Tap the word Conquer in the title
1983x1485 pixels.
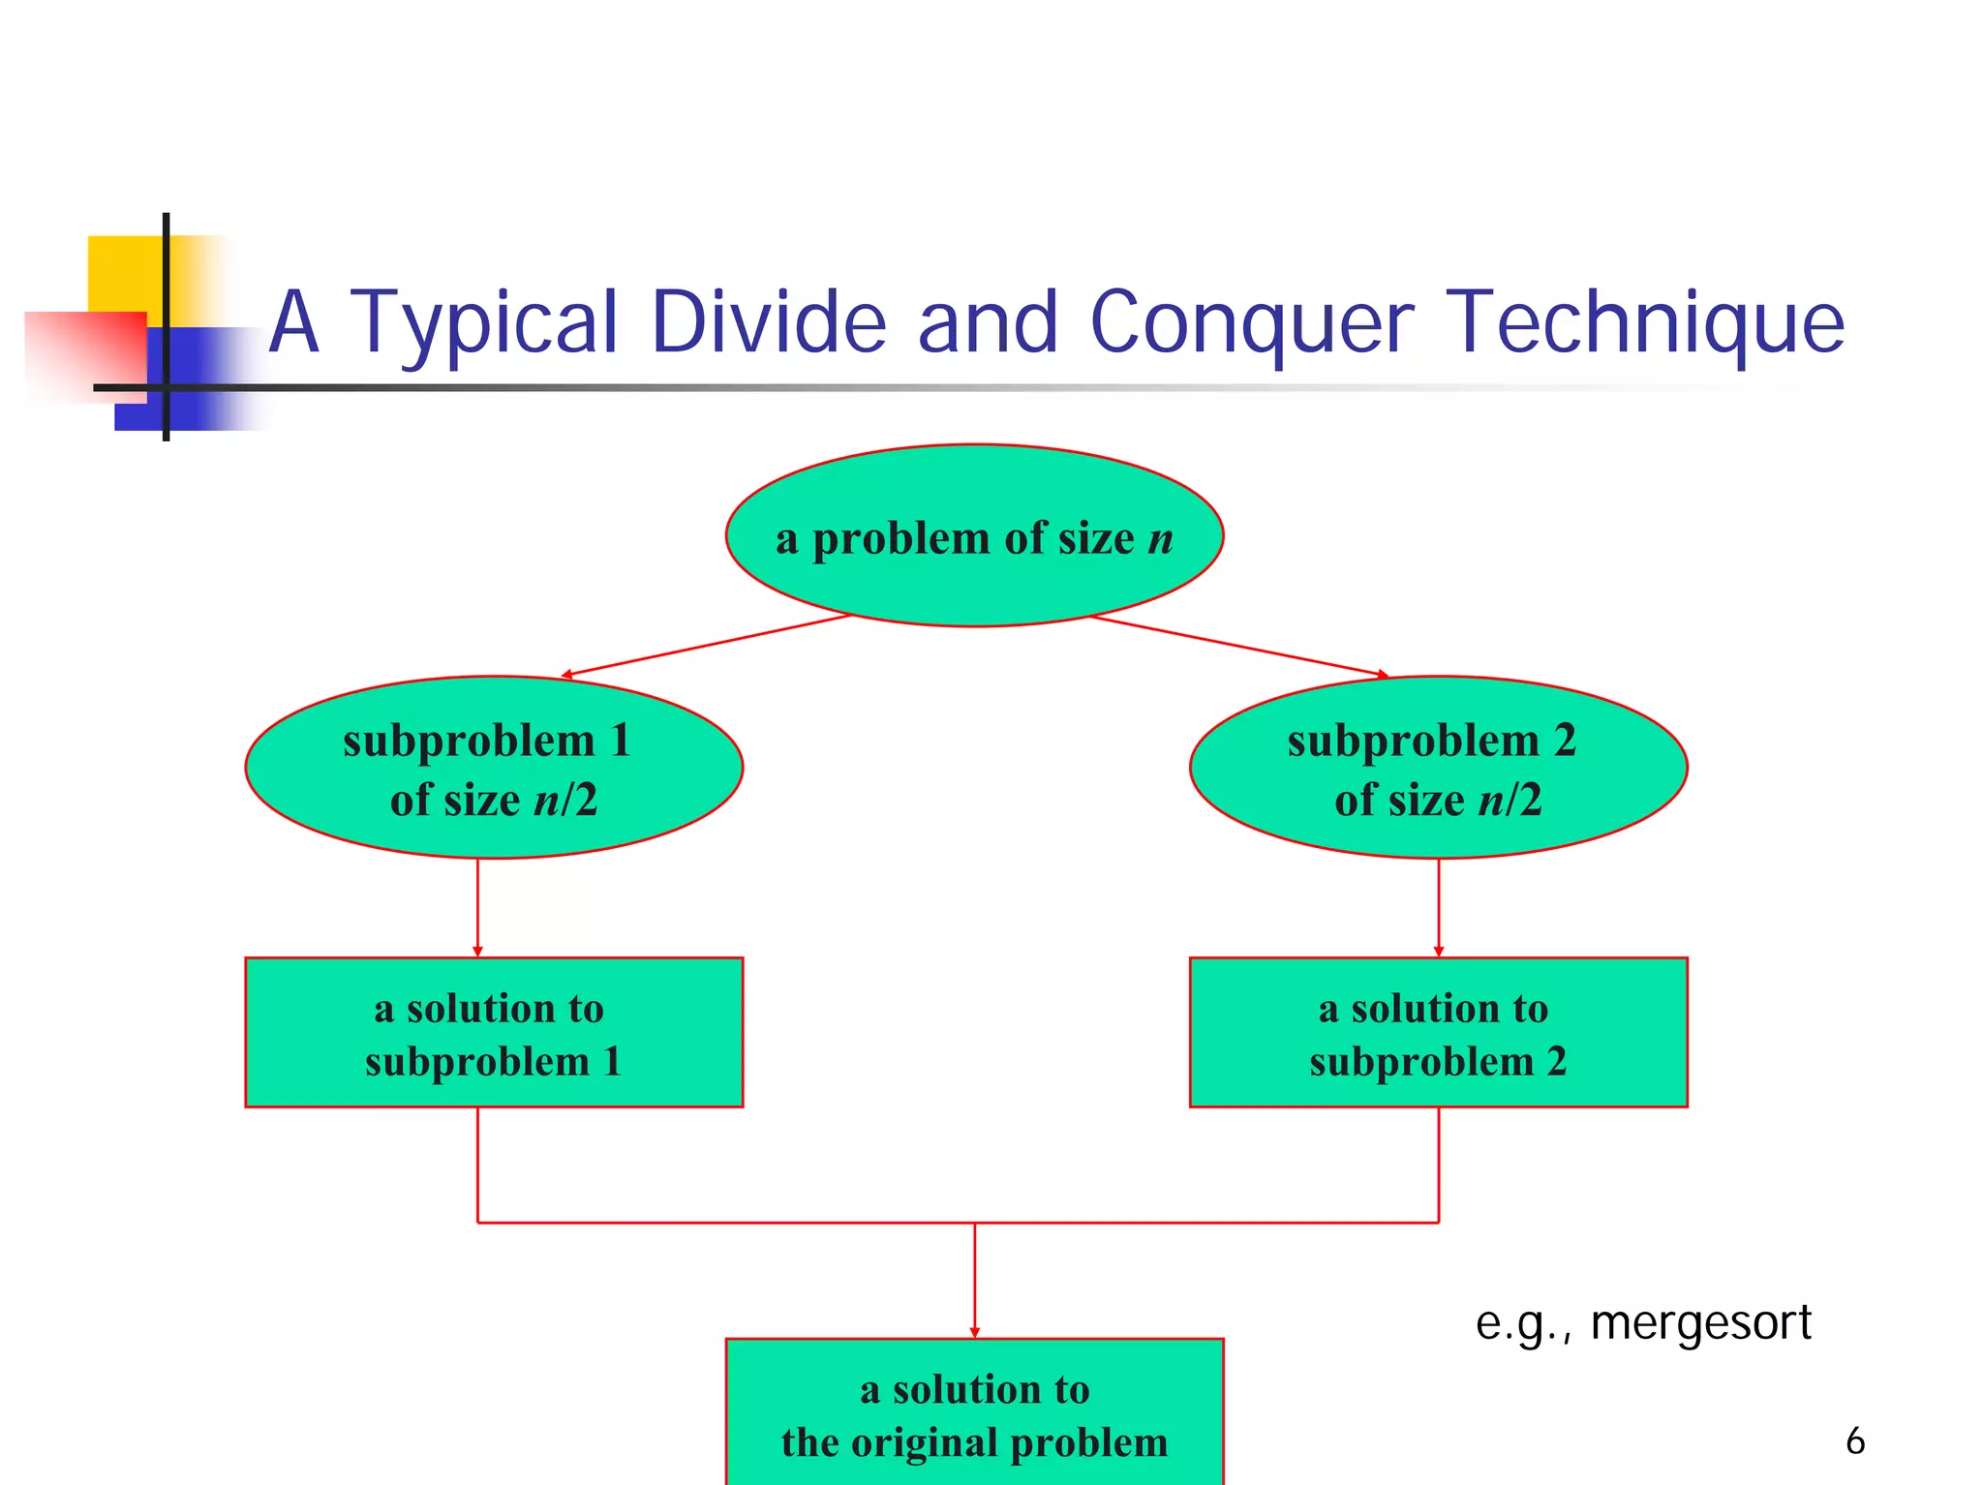click(1251, 323)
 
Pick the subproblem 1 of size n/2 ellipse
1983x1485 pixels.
click(494, 768)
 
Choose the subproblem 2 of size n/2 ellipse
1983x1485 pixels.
click(1438, 768)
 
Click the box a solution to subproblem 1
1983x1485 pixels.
click(494, 1032)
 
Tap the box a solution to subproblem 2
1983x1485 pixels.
click(1438, 1032)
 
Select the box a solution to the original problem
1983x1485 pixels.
click(974, 1413)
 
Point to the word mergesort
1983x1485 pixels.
click(1700, 1322)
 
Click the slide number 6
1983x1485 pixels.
click(1854, 1440)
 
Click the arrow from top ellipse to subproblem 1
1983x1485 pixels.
click(707, 645)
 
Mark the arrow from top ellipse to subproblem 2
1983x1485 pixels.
click(1239, 646)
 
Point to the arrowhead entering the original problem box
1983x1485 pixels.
click(975, 1332)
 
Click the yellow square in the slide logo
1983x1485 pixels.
click(121, 271)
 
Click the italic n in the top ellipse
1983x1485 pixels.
click(1160, 539)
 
